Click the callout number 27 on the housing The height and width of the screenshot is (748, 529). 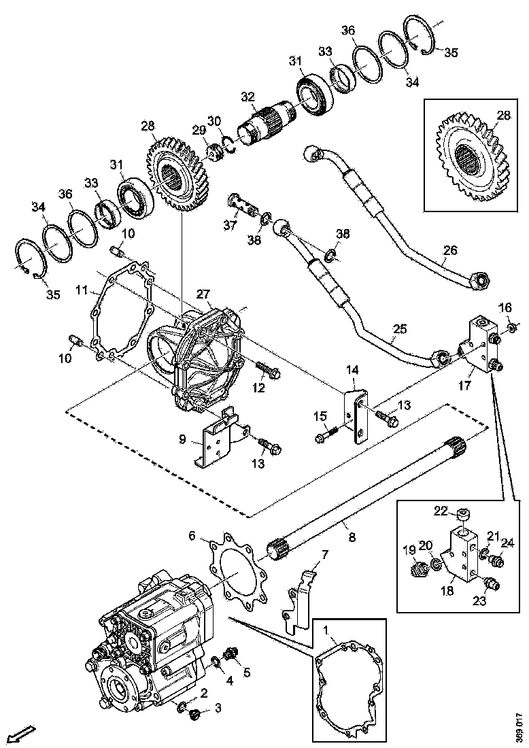(204, 294)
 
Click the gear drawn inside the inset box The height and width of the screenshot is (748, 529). (473, 160)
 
